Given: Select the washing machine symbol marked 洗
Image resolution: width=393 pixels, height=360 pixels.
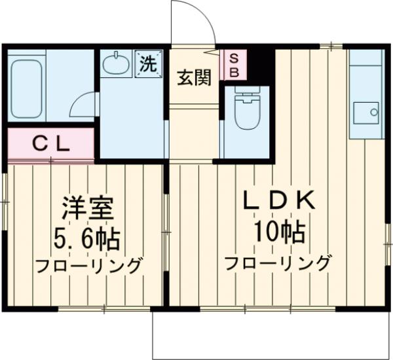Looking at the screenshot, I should coord(148,64).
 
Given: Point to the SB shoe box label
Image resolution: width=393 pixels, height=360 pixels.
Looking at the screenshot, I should coord(233,65).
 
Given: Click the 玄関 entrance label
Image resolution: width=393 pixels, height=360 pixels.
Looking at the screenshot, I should coord(194,77).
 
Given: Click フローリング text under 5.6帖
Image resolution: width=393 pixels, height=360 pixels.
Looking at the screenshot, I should coord(88,266).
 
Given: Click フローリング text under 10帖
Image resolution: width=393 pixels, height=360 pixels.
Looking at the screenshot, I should coord(278,263).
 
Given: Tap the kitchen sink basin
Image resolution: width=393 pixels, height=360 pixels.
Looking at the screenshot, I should coord(365,112).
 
